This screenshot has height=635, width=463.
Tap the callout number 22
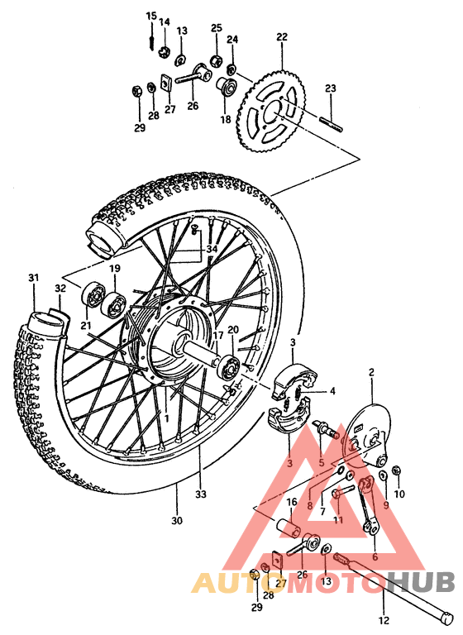pos(282,37)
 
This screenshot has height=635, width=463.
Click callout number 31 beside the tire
pos(33,277)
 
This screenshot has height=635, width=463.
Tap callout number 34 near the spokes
pos(212,250)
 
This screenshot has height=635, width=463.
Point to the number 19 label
pos(115,270)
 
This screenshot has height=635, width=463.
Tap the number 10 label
pos(399,494)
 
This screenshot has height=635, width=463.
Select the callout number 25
pos(216,28)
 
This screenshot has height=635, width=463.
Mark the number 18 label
pos(225,119)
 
